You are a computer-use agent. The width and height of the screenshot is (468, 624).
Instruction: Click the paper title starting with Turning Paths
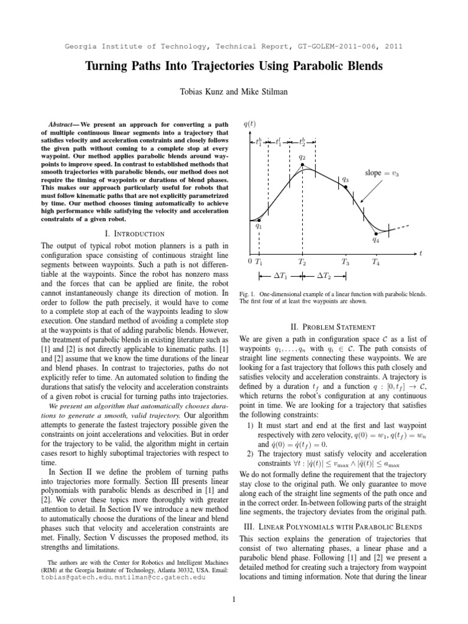(x=233, y=66)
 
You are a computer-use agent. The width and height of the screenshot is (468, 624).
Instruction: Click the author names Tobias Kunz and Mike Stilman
(x=233, y=91)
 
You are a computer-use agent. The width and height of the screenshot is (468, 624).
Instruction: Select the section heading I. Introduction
(x=135, y=233)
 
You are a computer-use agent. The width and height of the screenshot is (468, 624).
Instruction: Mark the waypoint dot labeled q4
(x=376, y=233)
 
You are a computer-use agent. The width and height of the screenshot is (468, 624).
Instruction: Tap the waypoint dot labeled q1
(x=260, y=219)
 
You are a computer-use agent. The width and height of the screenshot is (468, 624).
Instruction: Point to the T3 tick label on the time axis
(x=346, y=262)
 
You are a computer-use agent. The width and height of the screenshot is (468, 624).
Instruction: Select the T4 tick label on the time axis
(x=376, y=262)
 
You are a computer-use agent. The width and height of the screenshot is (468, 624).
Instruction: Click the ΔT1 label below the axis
(x=281, y=277)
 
